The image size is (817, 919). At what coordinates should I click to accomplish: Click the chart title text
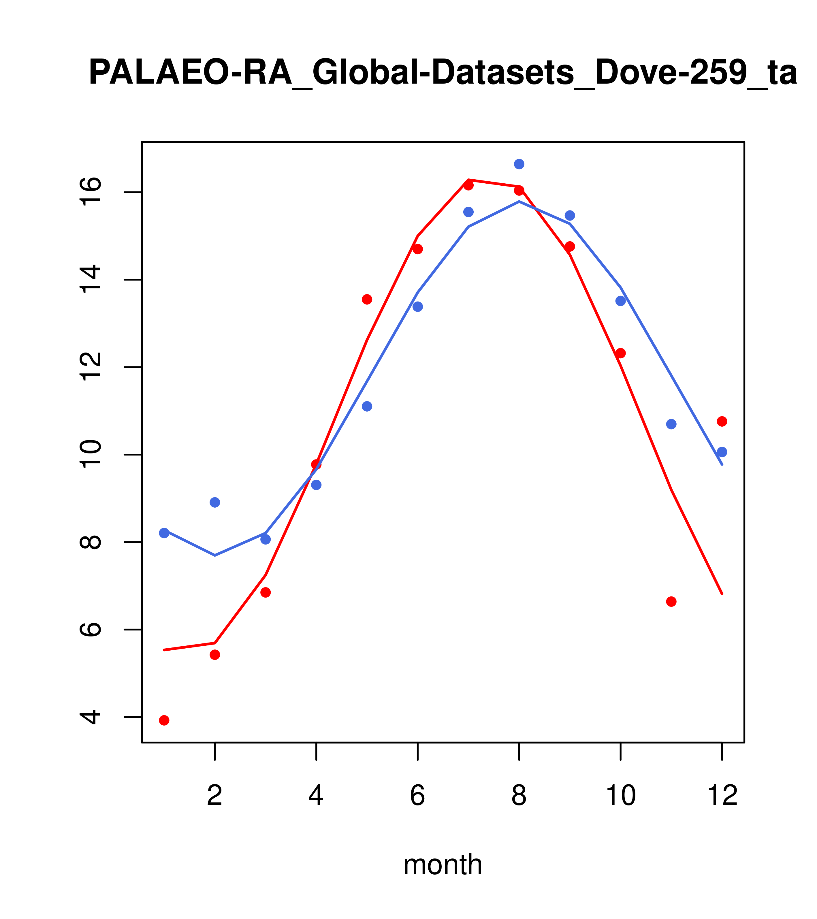click(x=443, y=73)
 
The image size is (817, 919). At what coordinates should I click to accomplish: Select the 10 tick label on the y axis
click(x=90, y=455)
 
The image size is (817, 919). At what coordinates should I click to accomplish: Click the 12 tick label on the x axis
click(x=722, y=796)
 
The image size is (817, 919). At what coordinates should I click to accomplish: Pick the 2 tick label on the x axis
click(x=215, y=796)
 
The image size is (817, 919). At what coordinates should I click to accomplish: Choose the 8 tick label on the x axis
click(x=519, y=796)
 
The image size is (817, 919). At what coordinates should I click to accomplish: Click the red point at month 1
click(x=164, y=720)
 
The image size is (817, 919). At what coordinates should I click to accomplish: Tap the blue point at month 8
click(x=519, y=164)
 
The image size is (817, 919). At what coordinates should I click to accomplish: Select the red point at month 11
click(x=671, y=602)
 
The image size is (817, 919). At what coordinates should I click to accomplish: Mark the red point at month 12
click(x=722, y=421)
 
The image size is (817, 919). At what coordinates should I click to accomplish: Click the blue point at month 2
click(x=215, y=502)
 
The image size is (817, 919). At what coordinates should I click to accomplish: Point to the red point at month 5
click(x=367, y=300)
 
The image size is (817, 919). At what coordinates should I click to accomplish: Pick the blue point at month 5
click(x=367, y=406)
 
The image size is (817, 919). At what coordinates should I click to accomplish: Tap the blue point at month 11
click(x=671, y=424)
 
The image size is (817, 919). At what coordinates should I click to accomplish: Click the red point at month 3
click(x=266, y=593)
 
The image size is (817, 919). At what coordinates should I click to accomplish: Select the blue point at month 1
click(x=164, y=533)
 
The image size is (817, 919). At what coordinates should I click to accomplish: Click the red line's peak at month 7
click(x=468, y=180)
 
